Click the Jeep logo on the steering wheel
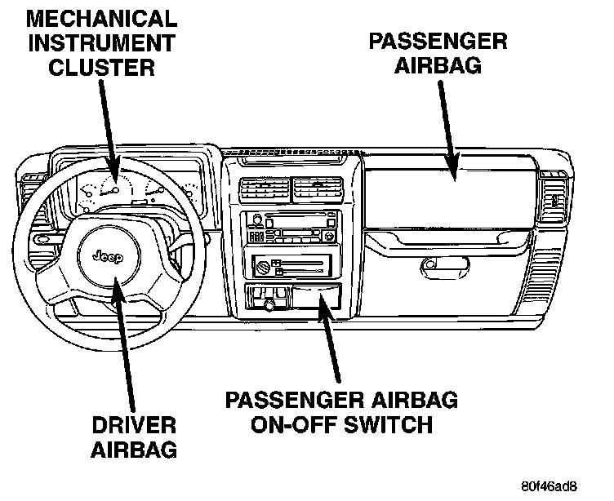pos(107,259)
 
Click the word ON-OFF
pos(287,425)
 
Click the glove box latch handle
pos(444,264)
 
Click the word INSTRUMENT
pos(102,42)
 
